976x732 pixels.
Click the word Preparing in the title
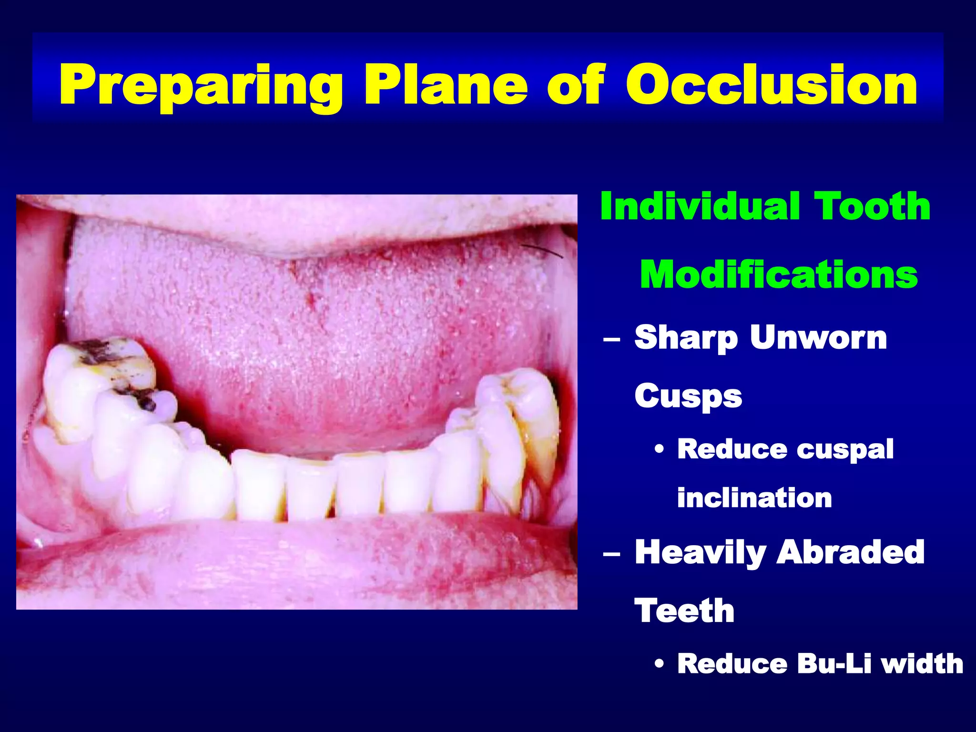tap(200, 86)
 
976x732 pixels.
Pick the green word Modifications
tap(779, 275)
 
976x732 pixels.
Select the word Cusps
tap(688, 396)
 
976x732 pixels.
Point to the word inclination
tap(754, 498)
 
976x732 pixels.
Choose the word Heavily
tap(700, 553)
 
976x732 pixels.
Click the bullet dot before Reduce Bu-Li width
tap(659, 664)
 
